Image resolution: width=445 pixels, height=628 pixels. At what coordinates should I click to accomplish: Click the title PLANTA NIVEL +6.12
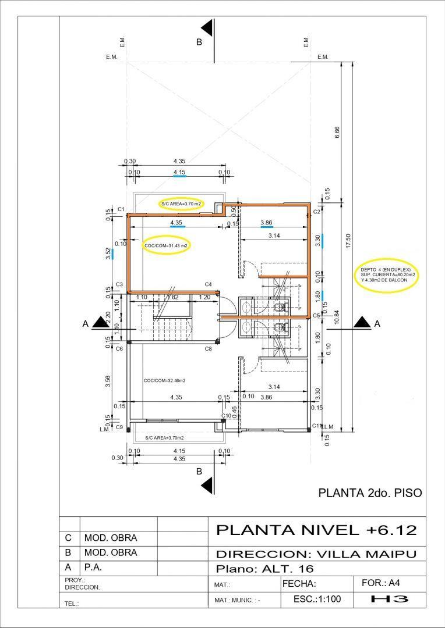[x=316, y=530]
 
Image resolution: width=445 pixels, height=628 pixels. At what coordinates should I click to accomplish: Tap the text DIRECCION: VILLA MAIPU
[x=316, y=554]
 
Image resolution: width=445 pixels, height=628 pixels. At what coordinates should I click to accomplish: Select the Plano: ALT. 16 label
[x=265, y=568]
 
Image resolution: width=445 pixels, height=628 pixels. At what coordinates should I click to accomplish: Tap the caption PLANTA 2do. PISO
[x=369, y=493]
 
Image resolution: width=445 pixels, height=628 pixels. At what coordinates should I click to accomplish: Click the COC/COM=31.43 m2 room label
[x=167, y=246]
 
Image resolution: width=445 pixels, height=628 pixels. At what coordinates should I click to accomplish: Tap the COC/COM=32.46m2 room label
[x=164, y=381]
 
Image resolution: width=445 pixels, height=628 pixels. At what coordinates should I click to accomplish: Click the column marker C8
[x=208, y=348]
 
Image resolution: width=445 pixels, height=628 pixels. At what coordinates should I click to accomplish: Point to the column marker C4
[x=208, y=284]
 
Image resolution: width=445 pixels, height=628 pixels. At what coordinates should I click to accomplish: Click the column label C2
[x=317, y=212]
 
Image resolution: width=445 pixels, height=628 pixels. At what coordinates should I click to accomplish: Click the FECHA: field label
[x=299, y=583]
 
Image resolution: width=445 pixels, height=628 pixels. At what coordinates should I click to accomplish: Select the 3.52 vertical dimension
[x=109, y=254]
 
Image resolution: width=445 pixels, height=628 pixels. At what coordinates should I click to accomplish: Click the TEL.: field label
[x=72, y=604]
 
